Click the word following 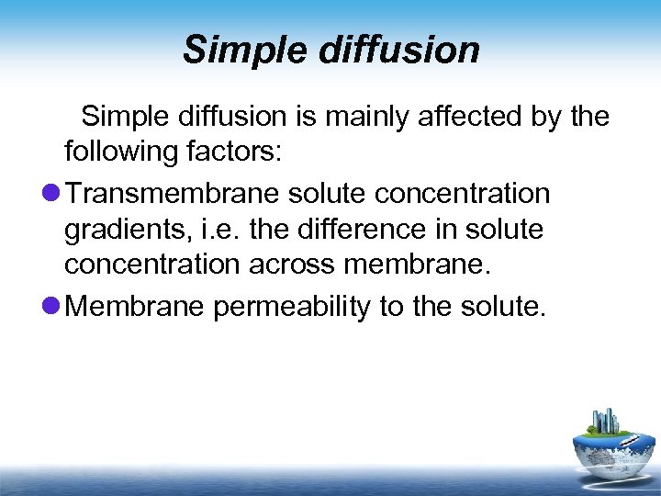pyautogui.click(x=118, y=152)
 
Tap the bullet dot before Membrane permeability pyautogui.click(x=51, y=306)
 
